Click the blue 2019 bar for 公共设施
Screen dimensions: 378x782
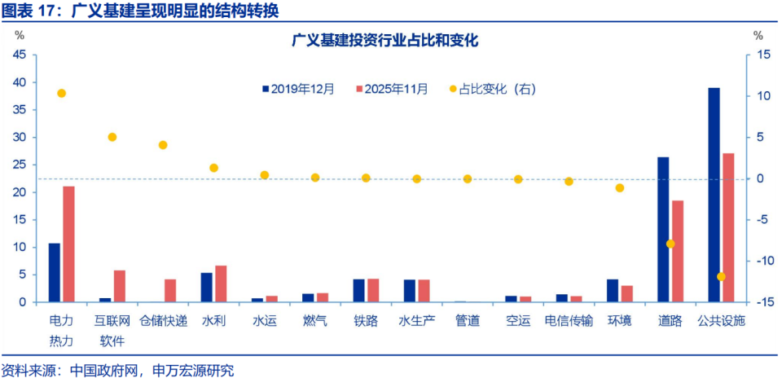click(x=714, y=195)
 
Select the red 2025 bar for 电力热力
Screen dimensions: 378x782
click(x=68, y=244)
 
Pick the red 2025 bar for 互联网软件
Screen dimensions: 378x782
click(x=120, y=286)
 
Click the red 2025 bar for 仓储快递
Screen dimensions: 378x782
click(x=170, y=291)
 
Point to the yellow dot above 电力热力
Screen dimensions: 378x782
click(x=61, y=94)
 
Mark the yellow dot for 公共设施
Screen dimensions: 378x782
click(x=721, y=277)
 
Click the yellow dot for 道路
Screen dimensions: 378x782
click(x=670, y=244)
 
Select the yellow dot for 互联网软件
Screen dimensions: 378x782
click(x=112, y=138)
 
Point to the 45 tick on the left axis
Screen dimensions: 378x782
click(x=19, y=55)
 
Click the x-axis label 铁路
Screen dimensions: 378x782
click(x=366, y=321)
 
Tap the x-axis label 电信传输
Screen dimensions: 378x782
click(x=569, y=321)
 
